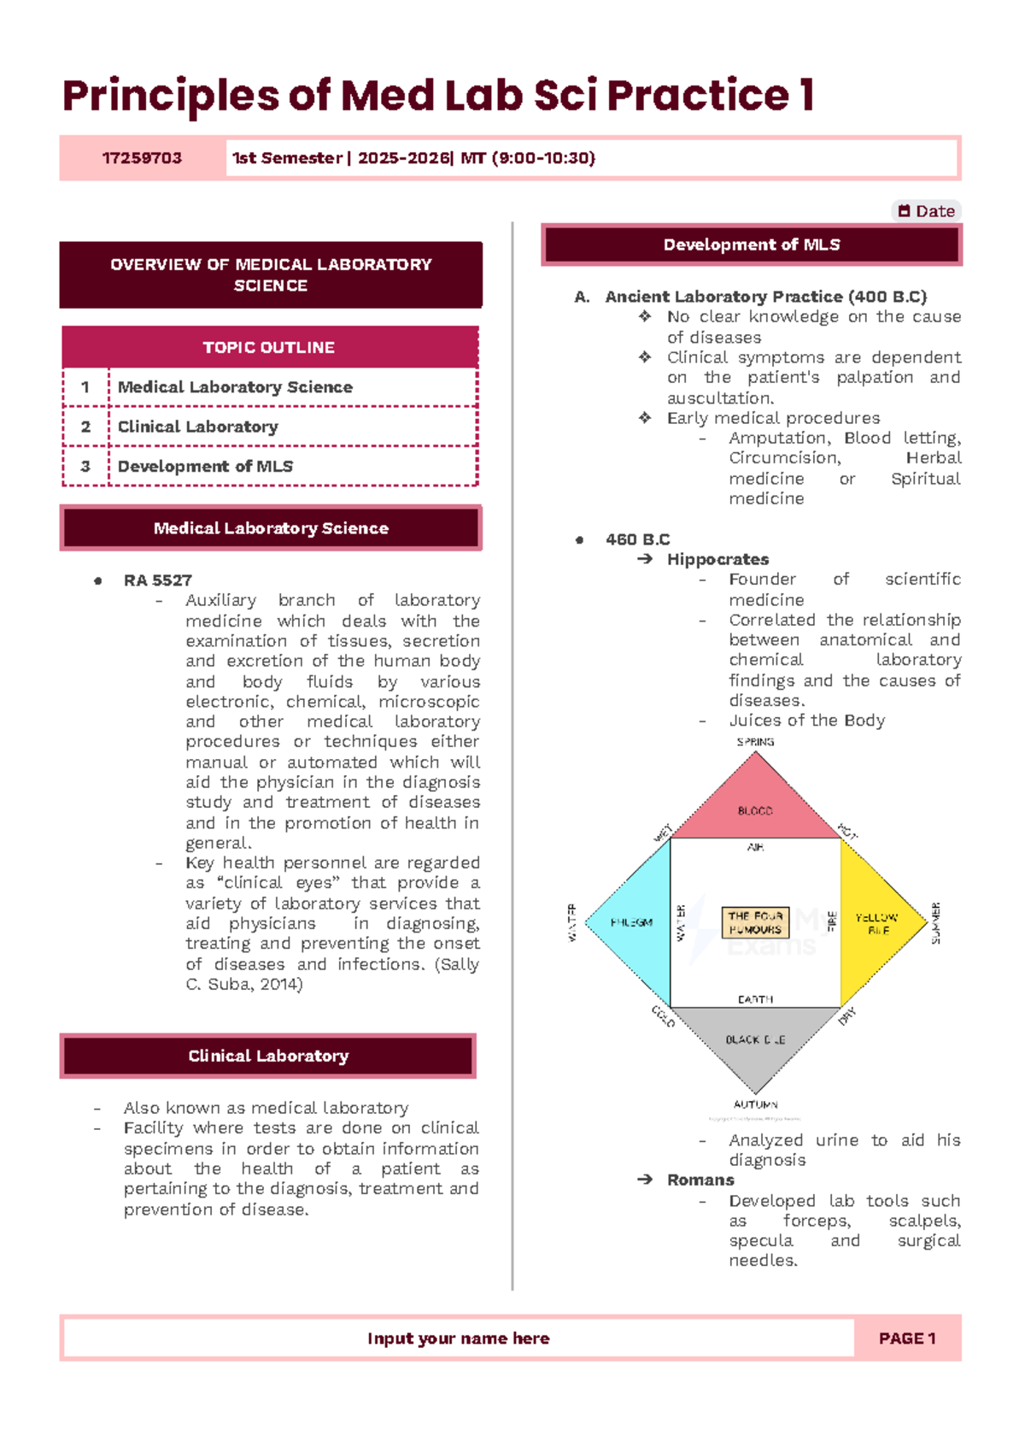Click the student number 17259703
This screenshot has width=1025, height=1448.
[142, 158]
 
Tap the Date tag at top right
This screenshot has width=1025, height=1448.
[926, 211]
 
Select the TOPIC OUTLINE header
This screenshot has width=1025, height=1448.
[269, 347]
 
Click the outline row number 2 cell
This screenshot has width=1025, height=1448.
[85, 427]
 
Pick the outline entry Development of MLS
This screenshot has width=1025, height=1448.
[205, 467]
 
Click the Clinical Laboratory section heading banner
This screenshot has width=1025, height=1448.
[268, 1056]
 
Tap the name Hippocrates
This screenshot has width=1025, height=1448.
[717, 559]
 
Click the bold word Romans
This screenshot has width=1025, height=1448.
[700, 1180]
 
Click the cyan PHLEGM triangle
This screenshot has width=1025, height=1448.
[632, 922]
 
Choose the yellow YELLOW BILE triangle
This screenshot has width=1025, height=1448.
[878, 922]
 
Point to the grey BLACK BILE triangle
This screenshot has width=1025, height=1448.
[755, 1039]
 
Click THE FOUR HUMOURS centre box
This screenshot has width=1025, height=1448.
[755, 922]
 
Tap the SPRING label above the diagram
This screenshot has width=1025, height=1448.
[755, 742]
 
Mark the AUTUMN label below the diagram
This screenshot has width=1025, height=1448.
[755, 1104]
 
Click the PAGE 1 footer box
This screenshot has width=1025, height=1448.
[907, 1339]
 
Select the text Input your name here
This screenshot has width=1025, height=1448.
[459, 1339]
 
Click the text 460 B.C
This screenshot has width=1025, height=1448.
[637, 539]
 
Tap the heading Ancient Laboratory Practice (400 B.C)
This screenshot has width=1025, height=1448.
[765, 297]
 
